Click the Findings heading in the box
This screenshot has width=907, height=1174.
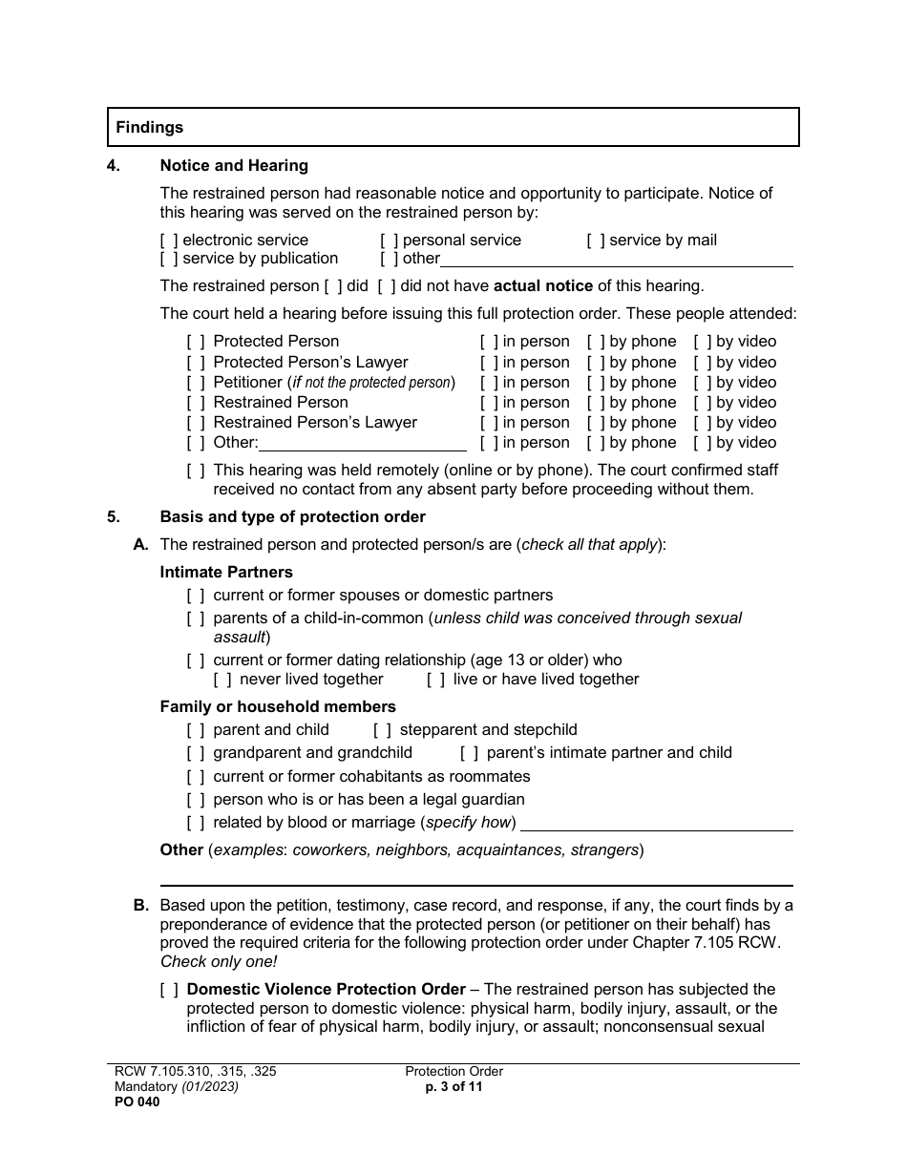click(x=150, y=127)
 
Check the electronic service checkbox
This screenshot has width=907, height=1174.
click(x=169, y=241)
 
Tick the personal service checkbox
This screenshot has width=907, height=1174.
click(x=389, y=241)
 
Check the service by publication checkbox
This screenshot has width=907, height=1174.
click(x=169, y=259)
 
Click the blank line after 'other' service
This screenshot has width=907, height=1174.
click(x=616, y=261)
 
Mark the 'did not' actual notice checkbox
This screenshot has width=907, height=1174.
click(x=387, y=285)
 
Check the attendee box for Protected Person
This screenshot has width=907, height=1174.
click(x=196, y=342)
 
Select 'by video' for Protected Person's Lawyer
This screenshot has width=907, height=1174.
click(x=703, y=363)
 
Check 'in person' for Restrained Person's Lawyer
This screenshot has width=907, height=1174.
click(x=489, y=423)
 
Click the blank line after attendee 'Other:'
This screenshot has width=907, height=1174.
click(x=363, y=444)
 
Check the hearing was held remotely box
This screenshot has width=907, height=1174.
click(x=196, y=471)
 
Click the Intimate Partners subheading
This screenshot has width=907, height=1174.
click(x=226, y=573)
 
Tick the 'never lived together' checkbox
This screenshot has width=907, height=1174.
click(x=222, y=680)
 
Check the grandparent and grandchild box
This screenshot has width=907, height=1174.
click(x=196, y=753)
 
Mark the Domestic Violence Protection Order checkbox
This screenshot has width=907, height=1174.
click(x=169, y=990)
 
